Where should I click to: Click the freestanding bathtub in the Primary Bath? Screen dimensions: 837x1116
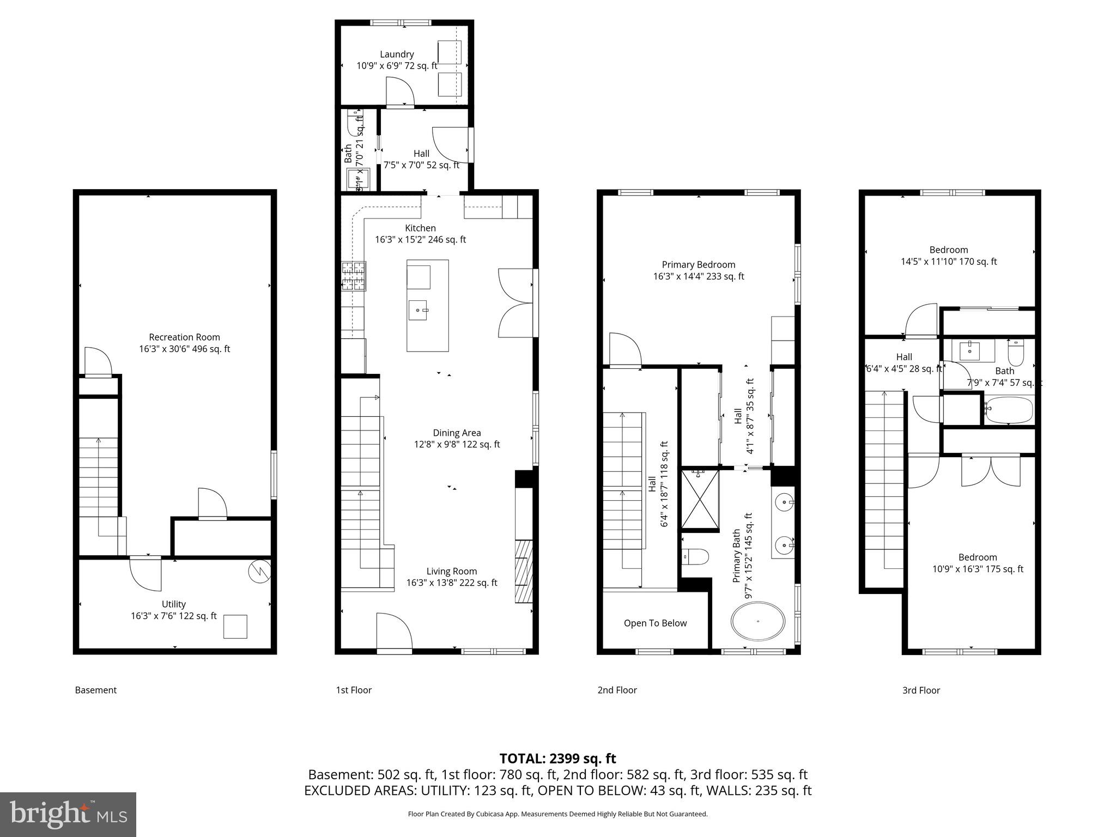click(758, 621)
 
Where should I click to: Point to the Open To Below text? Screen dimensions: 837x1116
click(655, 623)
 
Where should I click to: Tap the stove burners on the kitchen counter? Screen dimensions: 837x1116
click(354, 276)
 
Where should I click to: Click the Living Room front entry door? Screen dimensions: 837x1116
click(394, 632)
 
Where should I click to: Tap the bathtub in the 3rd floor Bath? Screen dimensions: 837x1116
click(1009, 410)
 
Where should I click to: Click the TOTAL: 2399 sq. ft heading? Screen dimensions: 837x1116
click(557, 759)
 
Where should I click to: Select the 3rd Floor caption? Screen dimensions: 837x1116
click(921, 690)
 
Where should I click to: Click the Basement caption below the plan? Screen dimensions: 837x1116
click(96, 690)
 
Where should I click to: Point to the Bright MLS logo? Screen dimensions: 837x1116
click(68, 814)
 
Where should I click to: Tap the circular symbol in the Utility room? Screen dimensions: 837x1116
click(259, 572)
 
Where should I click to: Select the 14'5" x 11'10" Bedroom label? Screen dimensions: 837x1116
click(949, 256)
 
